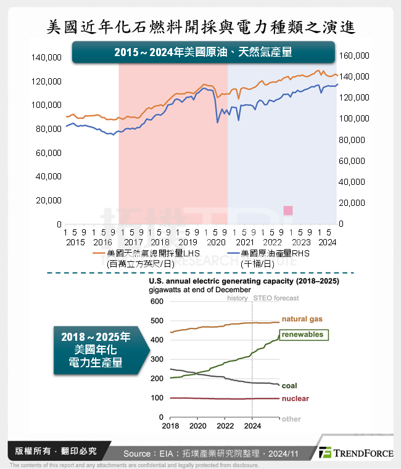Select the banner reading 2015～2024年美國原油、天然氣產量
pos(203,53)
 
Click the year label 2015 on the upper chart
pos(75,242)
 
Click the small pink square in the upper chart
pos(287,211)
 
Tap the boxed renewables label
pos(302,335)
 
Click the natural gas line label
pos(302,319)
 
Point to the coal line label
pos(289,386)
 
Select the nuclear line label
pos(295,399)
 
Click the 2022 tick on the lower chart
pos(225,426)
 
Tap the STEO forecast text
pos(276,298)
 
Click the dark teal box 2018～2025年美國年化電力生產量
pos(96,350)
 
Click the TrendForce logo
pos(357,453)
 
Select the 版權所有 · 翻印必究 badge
pos(57,451)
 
